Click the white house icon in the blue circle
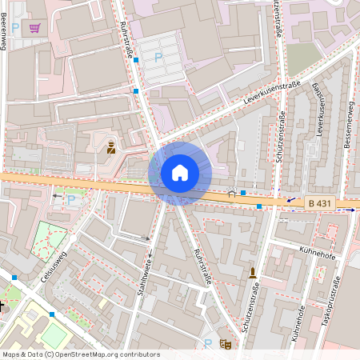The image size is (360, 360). coord(180,173)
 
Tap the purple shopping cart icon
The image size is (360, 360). coord(34,28)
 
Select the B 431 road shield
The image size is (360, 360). coord(321,204)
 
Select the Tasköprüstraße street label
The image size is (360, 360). coord(336,305)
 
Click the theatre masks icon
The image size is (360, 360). coord(226,345)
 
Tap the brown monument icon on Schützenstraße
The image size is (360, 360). coord(253,273)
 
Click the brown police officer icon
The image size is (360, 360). coord(111,146)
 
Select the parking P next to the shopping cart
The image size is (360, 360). coord(14,27)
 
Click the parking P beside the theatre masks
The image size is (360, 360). coord(208,344)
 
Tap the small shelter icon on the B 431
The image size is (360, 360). coord(232,192)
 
